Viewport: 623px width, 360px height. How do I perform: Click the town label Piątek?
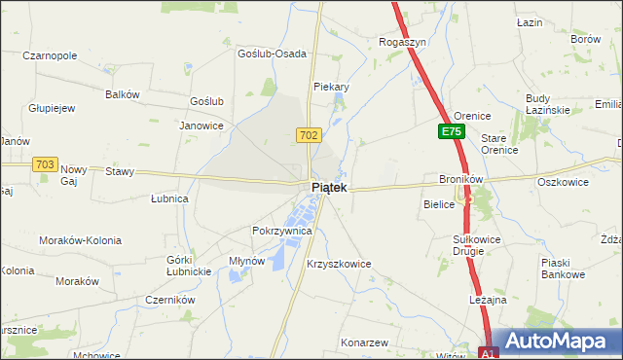coord(327,187)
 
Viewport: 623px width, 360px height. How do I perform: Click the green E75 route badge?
coord(450,131)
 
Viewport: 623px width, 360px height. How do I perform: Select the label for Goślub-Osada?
coord(273,54)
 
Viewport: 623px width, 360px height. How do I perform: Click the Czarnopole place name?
coord(49,55)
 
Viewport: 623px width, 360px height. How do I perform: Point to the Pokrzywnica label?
coord(281,231)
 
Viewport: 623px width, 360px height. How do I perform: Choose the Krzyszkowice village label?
coord(339,264)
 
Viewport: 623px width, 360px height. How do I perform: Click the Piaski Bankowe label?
coord(563,269)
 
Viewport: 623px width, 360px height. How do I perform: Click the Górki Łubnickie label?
coord(190,265)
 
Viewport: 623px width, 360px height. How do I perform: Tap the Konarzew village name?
coord(365,342)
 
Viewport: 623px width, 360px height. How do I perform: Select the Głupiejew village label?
coord(53,108)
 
